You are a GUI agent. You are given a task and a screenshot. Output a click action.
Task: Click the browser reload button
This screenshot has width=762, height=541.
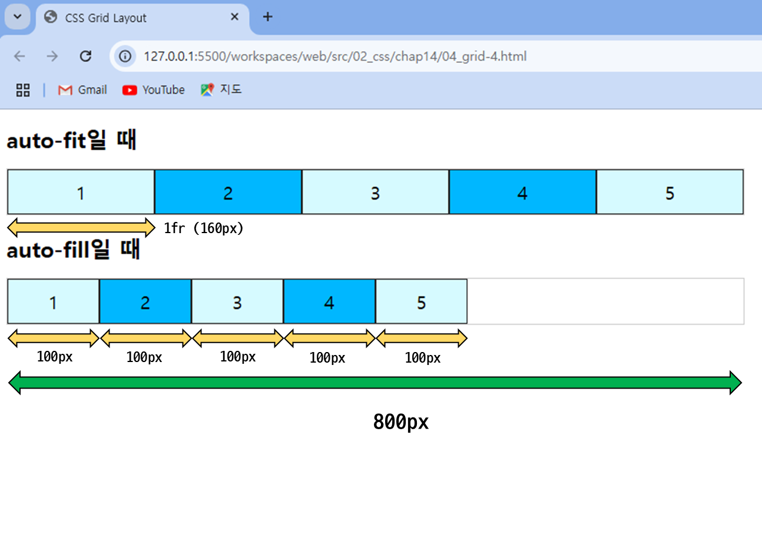[x=85, y=56]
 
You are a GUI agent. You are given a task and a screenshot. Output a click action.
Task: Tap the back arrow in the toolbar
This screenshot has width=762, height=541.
[x=20, y=56]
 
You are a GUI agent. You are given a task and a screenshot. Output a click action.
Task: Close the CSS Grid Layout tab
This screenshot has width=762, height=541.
[x=234, y=16]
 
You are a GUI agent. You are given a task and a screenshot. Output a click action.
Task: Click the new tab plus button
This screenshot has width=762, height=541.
[x=268, y=16]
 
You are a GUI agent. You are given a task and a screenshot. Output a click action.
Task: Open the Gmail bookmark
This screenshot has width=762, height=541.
[x=82, y=89]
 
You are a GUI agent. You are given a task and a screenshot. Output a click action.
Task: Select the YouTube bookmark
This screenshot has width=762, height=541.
[x=154, y=89]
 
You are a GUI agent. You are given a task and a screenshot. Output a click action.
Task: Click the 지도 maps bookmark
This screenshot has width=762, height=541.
[x=221, y=89]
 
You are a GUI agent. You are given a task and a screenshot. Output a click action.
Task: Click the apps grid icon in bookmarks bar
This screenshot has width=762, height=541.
[x=23, y=90]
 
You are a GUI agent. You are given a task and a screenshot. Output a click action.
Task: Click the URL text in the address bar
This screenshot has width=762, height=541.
[x=335, y=56]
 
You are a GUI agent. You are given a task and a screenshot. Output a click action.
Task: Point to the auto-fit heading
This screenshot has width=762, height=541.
[x=71, y=140]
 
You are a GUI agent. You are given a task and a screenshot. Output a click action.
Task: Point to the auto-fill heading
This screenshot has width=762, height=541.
[x=73, y=249]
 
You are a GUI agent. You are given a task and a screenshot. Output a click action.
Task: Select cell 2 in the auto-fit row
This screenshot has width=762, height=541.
[x=228, y=192]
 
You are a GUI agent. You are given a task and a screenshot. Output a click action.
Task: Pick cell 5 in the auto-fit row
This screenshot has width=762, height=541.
[x=670, y=192]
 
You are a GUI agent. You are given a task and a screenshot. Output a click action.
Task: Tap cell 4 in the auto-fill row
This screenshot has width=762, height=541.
[x=329, y=301]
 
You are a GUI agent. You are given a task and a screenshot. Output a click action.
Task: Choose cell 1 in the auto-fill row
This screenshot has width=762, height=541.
[x=54, y=301]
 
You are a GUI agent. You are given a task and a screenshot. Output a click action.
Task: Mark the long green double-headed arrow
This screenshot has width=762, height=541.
[x=375, y=383]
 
